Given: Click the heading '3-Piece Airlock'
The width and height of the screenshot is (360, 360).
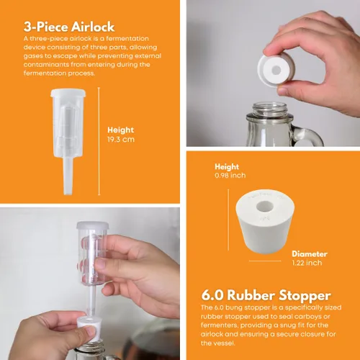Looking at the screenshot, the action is (x=69, y=27).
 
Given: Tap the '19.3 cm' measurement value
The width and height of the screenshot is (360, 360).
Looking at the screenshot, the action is (x=121, y=140).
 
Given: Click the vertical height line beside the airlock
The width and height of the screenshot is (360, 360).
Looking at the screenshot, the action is (x=99, y=141).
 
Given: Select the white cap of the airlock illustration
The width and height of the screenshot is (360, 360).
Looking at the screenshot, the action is (x=68, y=93).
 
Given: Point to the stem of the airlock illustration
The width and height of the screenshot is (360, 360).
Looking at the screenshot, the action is (x=68, y=176).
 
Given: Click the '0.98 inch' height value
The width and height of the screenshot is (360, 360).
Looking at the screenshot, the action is (x=230, y=176).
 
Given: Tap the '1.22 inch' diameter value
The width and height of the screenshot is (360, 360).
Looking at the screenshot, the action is (x=307, y=263).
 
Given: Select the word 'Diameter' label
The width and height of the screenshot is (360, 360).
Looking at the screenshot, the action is (x=310, y=254).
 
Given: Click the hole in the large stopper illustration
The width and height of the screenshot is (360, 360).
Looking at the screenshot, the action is (x=265, y=207).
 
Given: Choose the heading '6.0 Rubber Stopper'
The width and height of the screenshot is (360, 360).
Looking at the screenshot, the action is (x=266, y=295).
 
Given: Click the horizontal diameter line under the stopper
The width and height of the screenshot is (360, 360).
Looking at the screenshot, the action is (x=265, y=261).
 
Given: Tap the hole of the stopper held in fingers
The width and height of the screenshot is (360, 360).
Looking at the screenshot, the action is (x=276, y=71).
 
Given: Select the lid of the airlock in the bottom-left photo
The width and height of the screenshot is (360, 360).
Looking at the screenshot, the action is (x=93, y=225).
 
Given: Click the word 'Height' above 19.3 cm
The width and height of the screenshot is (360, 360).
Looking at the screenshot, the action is (x=120, y=130).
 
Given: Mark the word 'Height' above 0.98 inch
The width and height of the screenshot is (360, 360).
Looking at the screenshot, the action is (x=227, y=167).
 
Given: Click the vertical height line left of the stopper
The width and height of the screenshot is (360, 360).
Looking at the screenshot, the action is (x=228, y=220).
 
